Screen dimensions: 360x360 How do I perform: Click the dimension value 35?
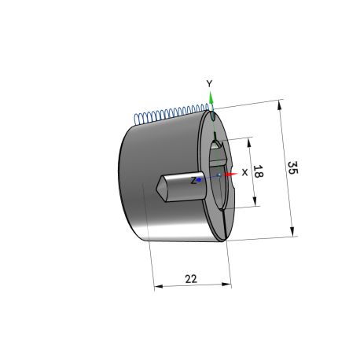292,168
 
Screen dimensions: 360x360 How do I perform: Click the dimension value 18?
259,171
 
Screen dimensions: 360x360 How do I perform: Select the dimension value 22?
191,279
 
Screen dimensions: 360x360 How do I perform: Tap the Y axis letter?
209,83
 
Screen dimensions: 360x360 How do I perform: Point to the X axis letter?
244,172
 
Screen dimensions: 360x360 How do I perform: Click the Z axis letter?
193,180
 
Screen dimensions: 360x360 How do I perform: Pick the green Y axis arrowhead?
211,99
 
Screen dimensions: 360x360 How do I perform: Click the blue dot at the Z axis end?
199,179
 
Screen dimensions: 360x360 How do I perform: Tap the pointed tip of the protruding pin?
156,188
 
